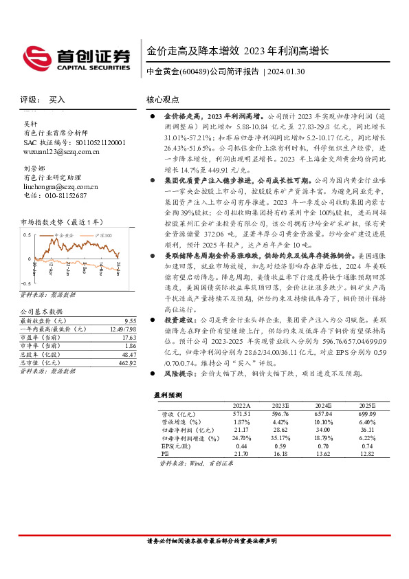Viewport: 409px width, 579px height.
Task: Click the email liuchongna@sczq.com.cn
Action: [x=60, y=186]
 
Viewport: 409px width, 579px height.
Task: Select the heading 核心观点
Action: [x=163, y=100]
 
